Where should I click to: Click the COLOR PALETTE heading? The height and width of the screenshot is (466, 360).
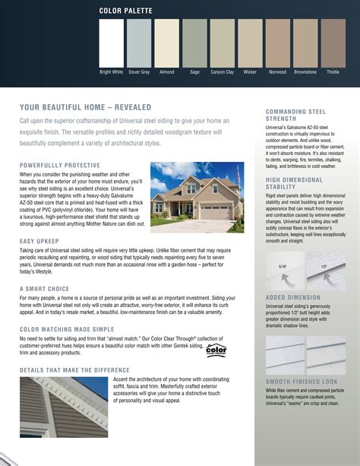point(125,11)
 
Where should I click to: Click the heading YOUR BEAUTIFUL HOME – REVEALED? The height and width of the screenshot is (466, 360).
point(85,107)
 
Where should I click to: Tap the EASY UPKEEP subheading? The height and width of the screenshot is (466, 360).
point(40,241)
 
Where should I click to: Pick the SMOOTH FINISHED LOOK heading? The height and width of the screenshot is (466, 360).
point(302,380)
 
